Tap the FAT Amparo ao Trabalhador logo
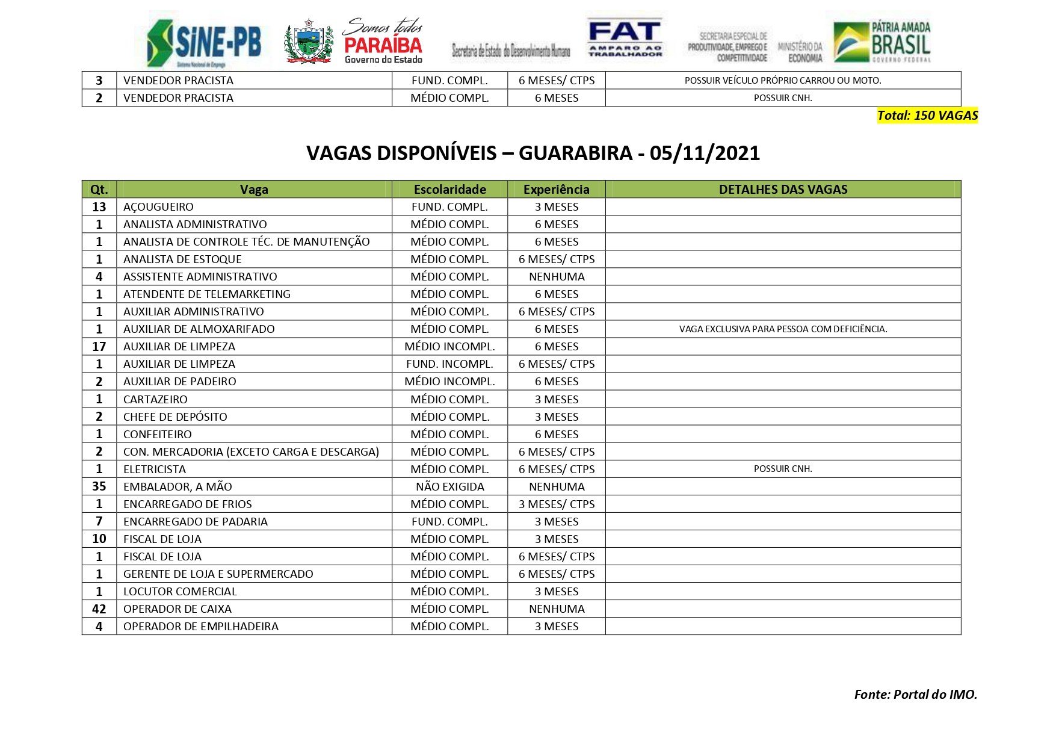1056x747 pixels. pos(625,37)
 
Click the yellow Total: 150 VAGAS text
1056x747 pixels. pos(927,116)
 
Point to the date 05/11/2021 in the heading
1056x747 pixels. pos(705,153)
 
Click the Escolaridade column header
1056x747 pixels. pos(449,190)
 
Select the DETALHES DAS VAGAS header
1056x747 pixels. pos(783,190)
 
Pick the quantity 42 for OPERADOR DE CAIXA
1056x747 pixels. pos(99,609)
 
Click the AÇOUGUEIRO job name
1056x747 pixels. pos(158,207)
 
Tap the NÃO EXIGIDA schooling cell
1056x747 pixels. pos(449,487)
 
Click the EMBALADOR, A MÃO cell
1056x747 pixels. pos(178,487)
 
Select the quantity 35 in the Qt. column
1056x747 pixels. pos(99,487)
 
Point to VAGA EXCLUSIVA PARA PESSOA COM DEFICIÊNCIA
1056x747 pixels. pos(783,329)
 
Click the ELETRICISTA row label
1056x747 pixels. pos(155,470)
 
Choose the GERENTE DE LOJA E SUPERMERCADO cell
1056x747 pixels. pos(218,574)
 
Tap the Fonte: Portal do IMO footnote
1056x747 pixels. pos(915,695)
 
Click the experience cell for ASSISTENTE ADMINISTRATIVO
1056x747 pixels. pos(557,277)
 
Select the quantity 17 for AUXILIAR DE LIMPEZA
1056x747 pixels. pos(99,347)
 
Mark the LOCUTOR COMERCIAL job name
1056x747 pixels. pos(180,592)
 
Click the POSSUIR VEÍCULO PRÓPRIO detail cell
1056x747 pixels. pos(783,81)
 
